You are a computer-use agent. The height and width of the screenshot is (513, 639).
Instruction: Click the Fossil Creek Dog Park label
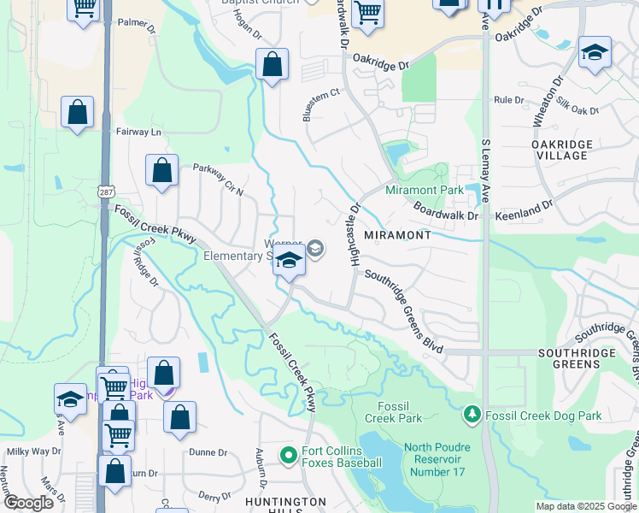pyautogui.click(x=542, y=416)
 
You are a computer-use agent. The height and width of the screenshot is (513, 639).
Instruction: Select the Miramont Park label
pyautogui.click(x=424, y=190)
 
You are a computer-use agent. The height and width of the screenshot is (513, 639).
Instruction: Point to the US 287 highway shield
pyautogui.click(x=104, y=195)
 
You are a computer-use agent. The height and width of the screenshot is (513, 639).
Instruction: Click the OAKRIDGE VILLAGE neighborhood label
pyautogui.click(x=560, y=150)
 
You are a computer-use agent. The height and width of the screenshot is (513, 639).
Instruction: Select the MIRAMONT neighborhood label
pyautogui.click(x=396, y=234)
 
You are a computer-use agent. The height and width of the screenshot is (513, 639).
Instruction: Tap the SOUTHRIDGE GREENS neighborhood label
pyautogui.click(x=569, y=358)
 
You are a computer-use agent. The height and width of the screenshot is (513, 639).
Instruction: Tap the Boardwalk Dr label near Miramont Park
pyautogui.click(x=446, y=211)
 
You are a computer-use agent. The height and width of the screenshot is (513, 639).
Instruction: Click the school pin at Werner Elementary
pyautogui.click(x=290, y=261)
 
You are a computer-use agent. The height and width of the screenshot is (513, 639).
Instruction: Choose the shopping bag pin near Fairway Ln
pyautogui.click(x=77, y=112)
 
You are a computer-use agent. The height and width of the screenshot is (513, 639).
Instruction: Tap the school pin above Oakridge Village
pyautogui.click(x=594, y=53)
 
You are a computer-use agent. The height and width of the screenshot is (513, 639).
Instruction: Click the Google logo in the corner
pyautogui.click(x=27, y=503)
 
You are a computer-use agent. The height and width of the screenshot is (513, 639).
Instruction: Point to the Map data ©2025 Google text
pyautogui.click(x=585, y=506)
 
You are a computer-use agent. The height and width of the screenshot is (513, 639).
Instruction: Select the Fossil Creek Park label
pyautogui.click(x=394, y=412)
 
